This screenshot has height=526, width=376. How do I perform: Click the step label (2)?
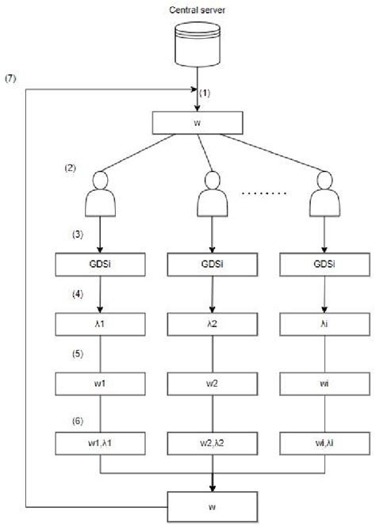70,169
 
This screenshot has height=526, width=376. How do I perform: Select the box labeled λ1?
100,325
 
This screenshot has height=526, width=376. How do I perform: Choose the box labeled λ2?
213,325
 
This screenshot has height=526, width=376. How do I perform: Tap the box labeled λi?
324,325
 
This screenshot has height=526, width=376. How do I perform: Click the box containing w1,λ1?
100,443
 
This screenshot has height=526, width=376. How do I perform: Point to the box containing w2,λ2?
213,443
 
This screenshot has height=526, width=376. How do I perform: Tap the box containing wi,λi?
324,443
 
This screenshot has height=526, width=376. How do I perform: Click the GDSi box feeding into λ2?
213,264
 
